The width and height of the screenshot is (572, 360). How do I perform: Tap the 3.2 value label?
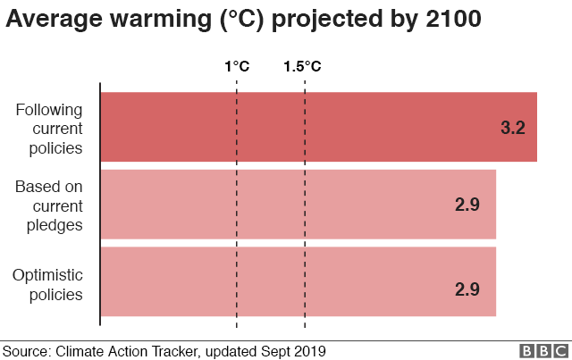click(512, 128)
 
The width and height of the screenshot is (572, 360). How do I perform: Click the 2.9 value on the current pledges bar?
click(467, 205)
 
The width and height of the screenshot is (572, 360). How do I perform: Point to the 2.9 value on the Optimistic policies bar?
click(467, 290)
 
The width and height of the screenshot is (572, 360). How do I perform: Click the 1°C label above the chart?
click(237, 66)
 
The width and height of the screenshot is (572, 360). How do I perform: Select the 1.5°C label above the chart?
click(303, 66)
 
